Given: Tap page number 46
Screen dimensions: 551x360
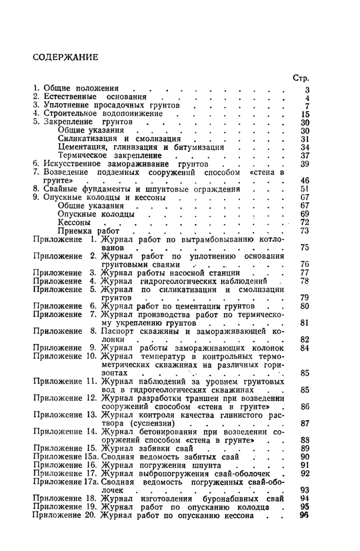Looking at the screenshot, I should coord(304,180).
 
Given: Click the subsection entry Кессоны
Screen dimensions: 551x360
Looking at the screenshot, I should coord(75,223).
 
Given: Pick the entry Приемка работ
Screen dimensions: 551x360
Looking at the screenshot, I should coord(85,231).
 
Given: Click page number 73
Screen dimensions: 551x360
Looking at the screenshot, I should coord(304,231).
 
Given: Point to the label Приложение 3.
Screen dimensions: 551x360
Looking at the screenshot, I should coord(65,272).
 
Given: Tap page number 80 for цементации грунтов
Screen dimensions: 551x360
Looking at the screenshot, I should coord(304,306).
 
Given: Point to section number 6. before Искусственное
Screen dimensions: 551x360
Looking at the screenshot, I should coord(37,163).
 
